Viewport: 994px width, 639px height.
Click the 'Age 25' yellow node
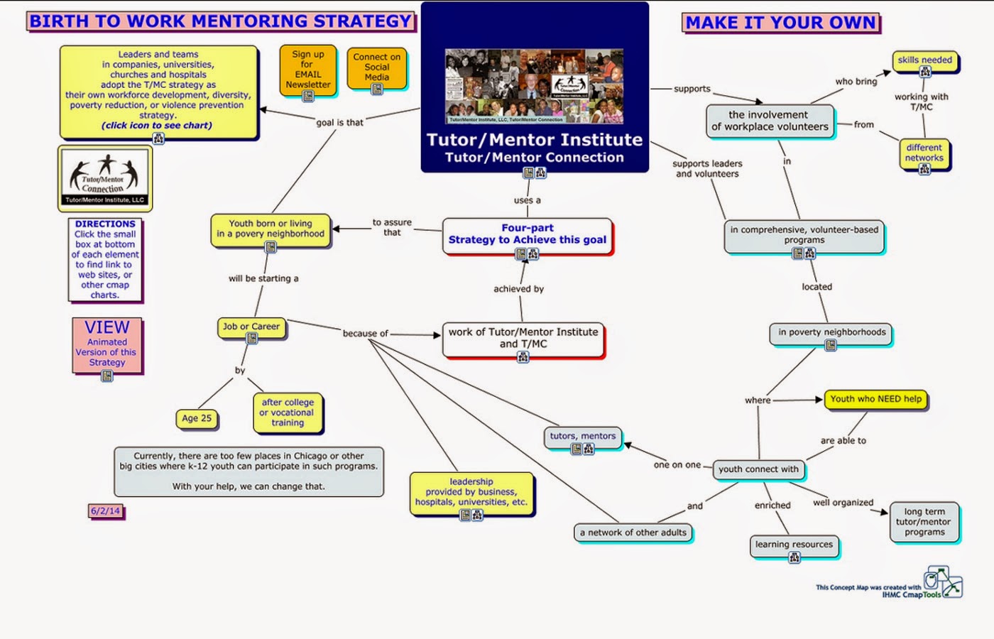tap(197, 418)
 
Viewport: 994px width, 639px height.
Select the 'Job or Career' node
tap(251, 327)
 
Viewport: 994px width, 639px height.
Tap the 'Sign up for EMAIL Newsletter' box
tap(307, 70)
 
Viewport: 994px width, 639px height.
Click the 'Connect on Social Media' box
tap(376, 67)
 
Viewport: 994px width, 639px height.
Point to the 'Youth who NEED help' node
tap(875, 399)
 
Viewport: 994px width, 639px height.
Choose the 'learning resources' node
tap(794, 545)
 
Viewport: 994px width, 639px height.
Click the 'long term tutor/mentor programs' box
tap(924, 522)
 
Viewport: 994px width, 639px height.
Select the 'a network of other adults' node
tap(633, 532)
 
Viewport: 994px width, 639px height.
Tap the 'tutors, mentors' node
tap(583, 437)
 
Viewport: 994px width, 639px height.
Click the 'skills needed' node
tap(924, 60)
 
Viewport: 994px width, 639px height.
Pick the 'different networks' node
tap(924, 153)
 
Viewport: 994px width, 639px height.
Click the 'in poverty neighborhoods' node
tap(831, 332)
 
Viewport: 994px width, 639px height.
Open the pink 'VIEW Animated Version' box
tap(106, 345)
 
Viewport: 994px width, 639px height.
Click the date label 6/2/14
tap(105, 510)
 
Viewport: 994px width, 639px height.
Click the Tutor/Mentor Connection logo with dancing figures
tap(105, 177)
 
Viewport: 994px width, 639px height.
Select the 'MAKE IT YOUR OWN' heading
tap(781, 23)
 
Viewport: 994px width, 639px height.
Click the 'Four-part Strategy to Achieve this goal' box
tap(527, 235)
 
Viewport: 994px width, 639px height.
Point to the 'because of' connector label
tap(365, 334)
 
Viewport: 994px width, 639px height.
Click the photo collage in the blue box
tap(534, 85)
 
